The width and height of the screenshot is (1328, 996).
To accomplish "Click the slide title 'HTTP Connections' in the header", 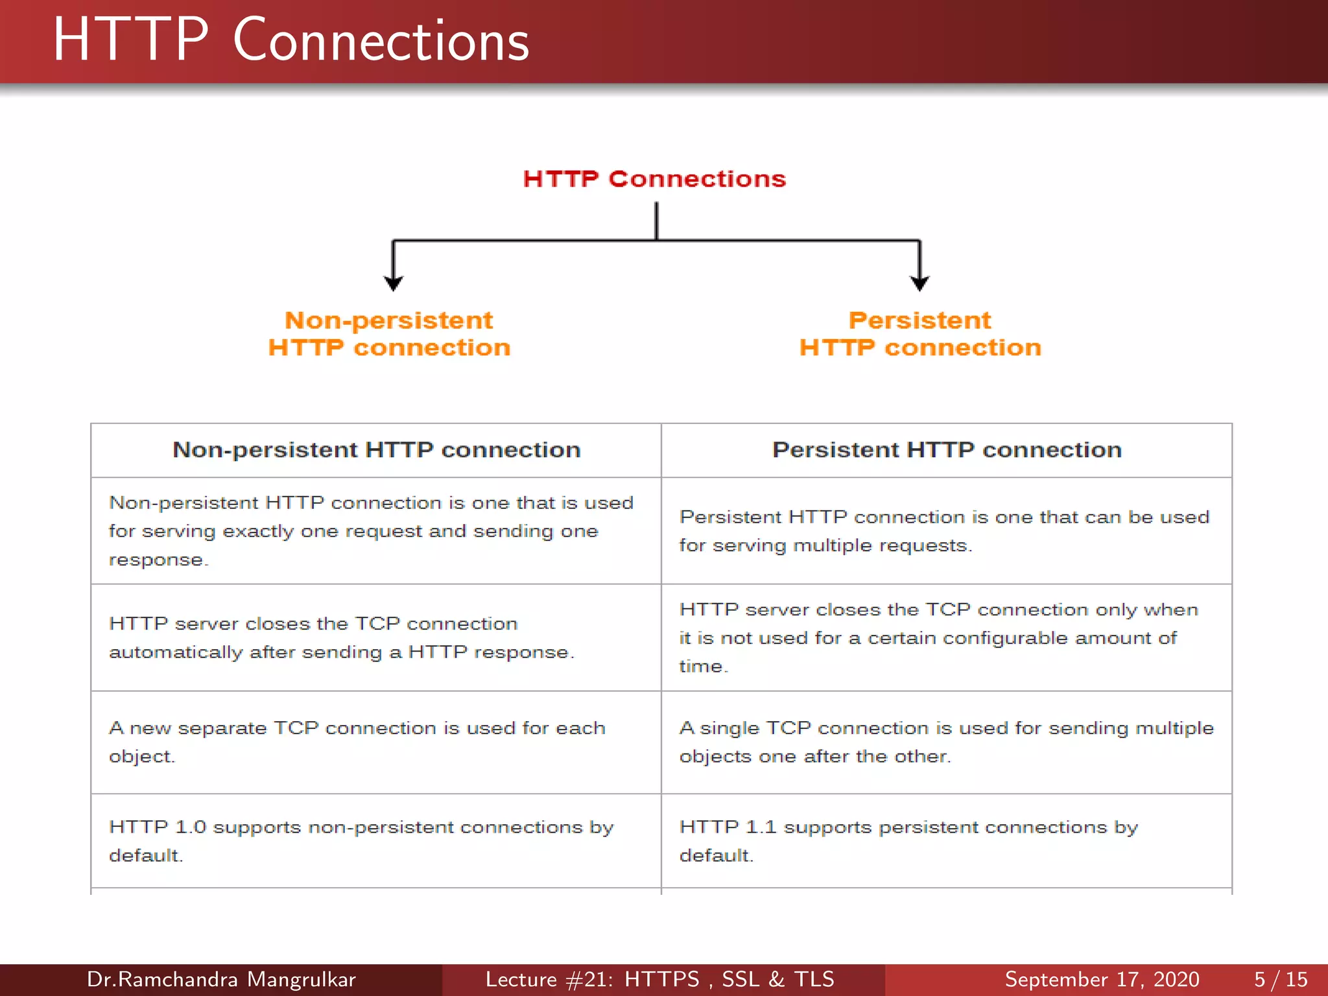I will (291, 40).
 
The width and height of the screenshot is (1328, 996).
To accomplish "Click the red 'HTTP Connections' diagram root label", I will (654, 179).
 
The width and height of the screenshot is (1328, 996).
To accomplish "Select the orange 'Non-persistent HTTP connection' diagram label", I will (389, 334).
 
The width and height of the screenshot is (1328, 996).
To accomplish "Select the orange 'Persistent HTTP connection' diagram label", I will (919, 334).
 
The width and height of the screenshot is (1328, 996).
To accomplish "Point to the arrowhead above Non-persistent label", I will (393, 283).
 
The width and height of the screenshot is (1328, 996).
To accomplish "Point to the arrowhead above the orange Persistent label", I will (919, 283).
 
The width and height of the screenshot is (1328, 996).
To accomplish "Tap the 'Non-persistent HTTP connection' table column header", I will (376, 450).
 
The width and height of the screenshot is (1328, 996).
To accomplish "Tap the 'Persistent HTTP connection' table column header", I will (947, 450).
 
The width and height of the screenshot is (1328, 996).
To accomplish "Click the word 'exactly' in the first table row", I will (258, 532).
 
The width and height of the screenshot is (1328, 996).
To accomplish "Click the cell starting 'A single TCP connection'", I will (945, 742).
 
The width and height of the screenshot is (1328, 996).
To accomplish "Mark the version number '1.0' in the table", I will (190, 827).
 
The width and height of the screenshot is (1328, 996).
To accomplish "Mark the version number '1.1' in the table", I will (761, 827).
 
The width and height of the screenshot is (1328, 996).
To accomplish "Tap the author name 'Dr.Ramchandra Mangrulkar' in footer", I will (221, 979).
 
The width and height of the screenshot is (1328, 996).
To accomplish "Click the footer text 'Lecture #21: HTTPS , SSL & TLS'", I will (659, 979).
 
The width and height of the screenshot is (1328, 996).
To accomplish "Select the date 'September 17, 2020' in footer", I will (1102, 979).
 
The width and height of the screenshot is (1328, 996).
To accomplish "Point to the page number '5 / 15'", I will (1281, 979).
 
